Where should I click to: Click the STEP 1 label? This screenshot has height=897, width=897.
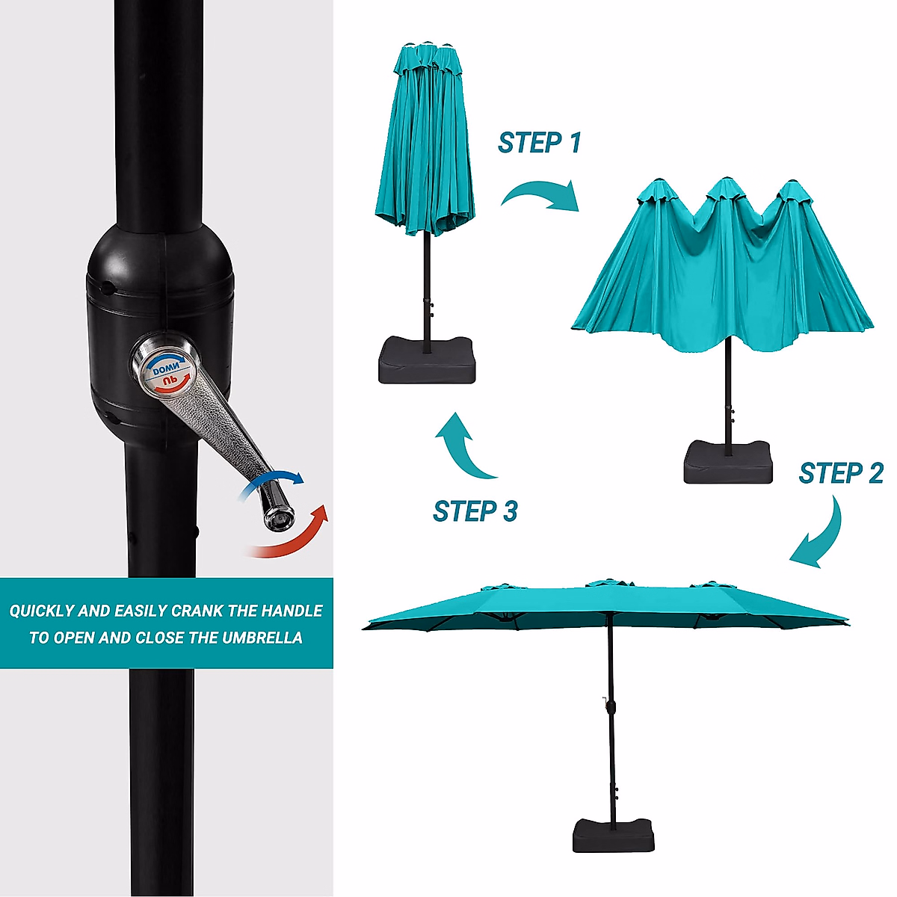(x=539, y=142)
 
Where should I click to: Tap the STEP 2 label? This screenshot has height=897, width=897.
(x=840, y=473)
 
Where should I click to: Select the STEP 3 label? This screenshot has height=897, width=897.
(x=475, y=511)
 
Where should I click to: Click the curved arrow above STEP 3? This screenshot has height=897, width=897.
(x=464, y=446)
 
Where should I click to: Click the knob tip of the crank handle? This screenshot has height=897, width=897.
(x=278, y=517)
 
